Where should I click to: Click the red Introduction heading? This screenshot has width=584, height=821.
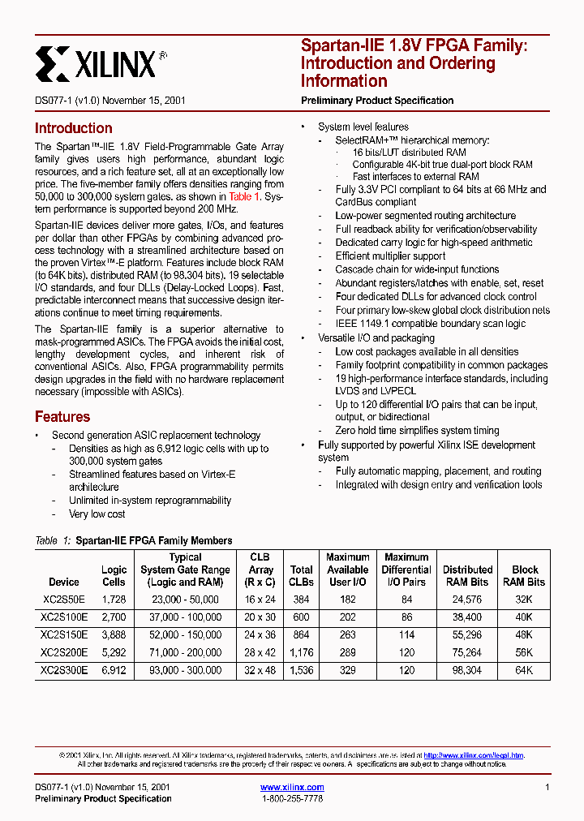tap(73, 128)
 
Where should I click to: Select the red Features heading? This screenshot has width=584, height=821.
tap(62, 417)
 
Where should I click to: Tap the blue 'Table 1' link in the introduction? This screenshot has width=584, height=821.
tap(244, 197)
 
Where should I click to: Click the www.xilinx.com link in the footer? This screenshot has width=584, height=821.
tap(292, 787)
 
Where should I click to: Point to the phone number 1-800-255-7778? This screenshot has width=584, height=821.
tap(292, 799)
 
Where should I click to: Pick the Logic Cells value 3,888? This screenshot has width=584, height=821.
tap(114, 635)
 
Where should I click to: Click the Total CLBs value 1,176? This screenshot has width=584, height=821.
tap(301, 653)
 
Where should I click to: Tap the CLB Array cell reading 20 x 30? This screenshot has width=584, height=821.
tap(260, 617)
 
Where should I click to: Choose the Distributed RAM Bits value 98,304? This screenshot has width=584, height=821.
tap(467, 671)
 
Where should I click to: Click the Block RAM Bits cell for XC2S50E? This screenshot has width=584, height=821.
tap(524, 600)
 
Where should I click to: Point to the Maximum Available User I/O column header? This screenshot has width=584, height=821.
tap(348, 570)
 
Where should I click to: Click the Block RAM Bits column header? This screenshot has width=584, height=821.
tap(524, 575)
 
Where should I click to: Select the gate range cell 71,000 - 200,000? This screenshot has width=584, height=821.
tap(185, 653)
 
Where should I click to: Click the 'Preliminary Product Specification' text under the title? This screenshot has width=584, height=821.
tap(377, 101)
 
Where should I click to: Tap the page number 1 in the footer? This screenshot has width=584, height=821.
tap(547, 788)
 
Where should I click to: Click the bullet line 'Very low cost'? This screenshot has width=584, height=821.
tap(97, 514)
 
